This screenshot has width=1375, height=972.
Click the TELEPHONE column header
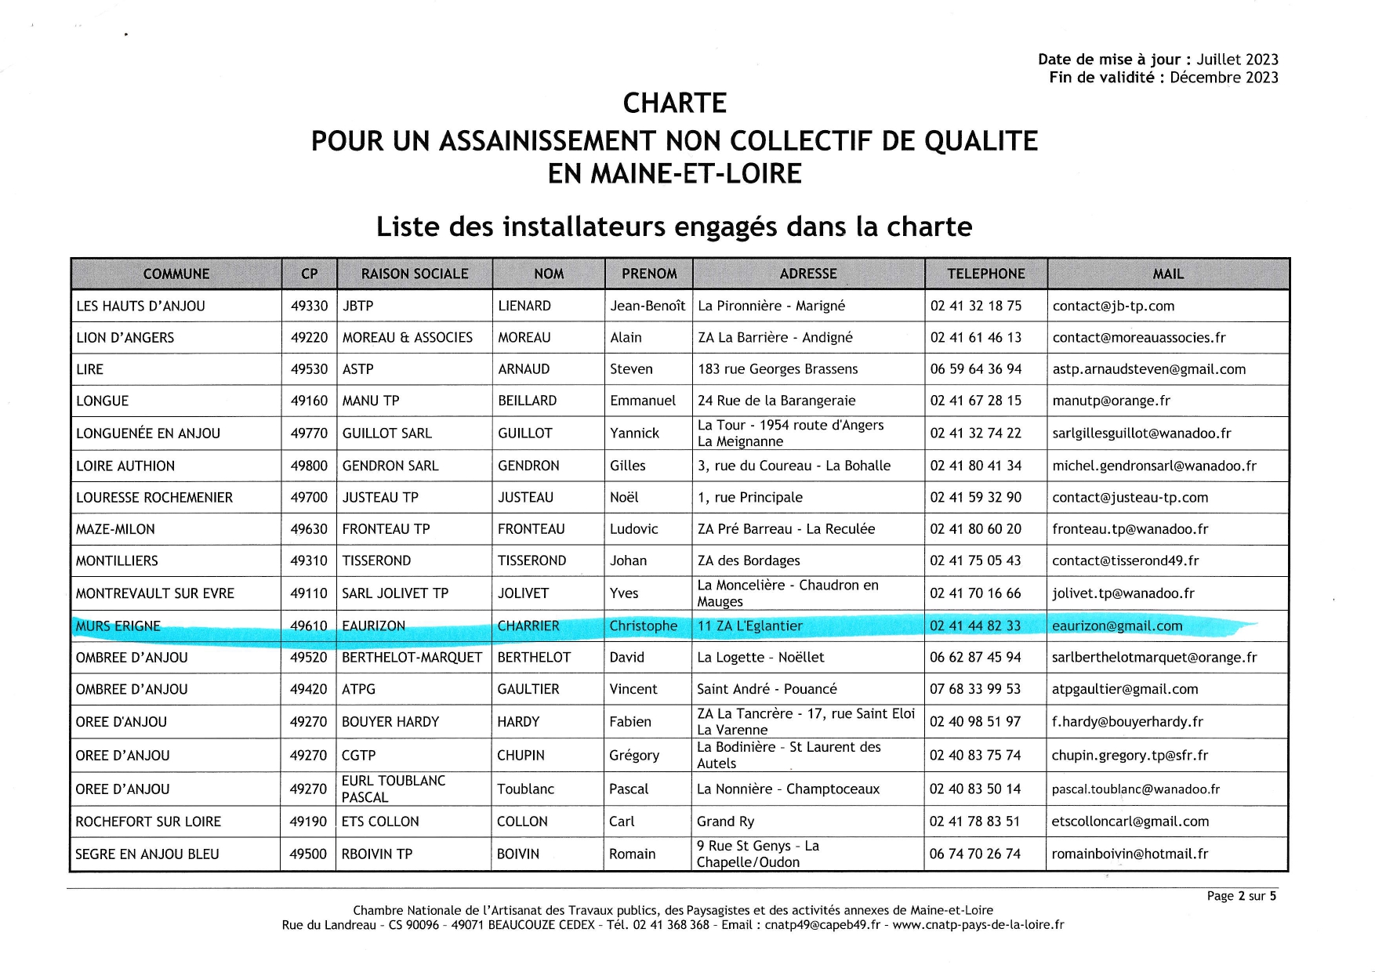pos(985,274)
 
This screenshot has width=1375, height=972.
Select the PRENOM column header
pos(648,274)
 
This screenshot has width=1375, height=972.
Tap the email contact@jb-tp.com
pos(1113,306)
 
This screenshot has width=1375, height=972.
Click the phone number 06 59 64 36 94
pos(975,369)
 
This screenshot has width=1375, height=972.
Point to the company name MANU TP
pos(371,401)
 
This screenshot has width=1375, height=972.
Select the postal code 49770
pos(309,433)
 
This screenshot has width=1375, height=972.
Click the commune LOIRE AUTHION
pos(125,466)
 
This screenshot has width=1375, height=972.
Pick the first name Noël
pos(624,497)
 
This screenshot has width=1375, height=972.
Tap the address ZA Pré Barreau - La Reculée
pos(785,529)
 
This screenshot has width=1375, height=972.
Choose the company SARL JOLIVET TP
pos(395,593)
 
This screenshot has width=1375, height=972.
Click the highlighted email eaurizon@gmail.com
pos(1117,626)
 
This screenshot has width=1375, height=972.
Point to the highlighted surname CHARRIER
pos(528,626)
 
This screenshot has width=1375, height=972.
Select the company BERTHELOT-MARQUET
pos(412,657)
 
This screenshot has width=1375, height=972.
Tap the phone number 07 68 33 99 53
pos(975,689)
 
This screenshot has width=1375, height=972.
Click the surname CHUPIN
pos(522,755)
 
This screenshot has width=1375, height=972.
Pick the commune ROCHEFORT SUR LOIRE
pos(148,821)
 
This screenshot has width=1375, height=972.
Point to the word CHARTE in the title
pos(674,103)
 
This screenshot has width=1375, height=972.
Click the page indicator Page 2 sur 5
pos(1241,896)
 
